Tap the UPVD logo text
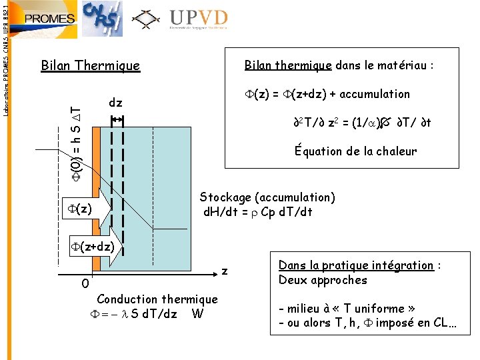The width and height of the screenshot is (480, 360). click(x=198, y=18)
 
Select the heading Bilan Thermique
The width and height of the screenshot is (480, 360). click(x=91, y=65)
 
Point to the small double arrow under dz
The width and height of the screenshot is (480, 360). click(x=117, y=119)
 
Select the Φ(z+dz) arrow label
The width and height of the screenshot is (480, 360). click(x=93, y=247)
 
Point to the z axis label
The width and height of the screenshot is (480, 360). click(x=225, y=271)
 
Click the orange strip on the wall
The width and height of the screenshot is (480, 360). click(x=96, y=180)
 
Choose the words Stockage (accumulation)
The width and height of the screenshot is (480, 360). click(x=267, y=197)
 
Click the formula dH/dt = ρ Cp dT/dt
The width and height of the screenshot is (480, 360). click(x=258, y=213)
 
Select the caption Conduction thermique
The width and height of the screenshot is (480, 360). click(x=157, y=299)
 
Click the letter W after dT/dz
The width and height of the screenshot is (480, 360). click(x=197, y=314)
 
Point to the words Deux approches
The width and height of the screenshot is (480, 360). click(x=323, y=280)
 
